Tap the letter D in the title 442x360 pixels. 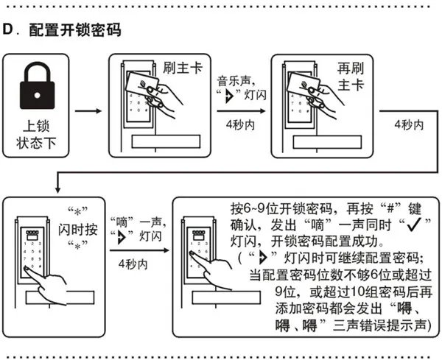click(x=10, y=31)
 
